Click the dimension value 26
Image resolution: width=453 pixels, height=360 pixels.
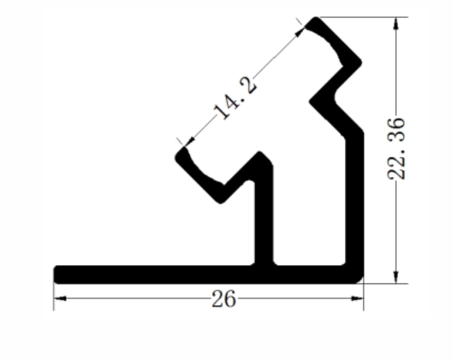point(224,300)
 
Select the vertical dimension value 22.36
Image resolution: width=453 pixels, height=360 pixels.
point(396,148)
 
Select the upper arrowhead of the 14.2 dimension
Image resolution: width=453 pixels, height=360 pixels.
point(299,32)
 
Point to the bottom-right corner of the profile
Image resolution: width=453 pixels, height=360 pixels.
point(361,280)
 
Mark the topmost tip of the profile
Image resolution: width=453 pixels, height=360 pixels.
point(317,19)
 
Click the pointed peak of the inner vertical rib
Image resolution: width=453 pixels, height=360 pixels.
point(261,153)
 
